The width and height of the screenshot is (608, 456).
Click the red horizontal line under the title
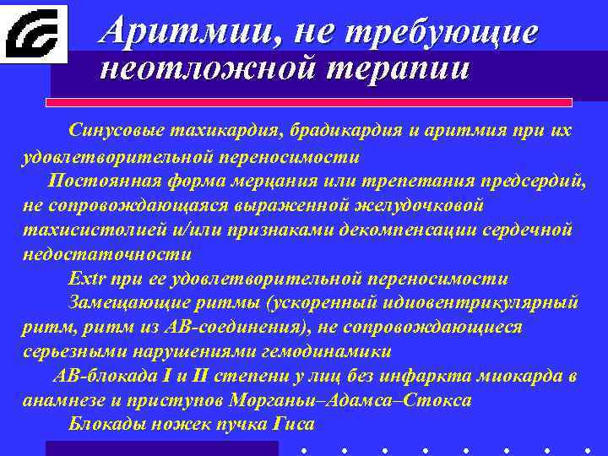pyautogui.click(x=308, y=102)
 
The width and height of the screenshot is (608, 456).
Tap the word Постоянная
pyautogui.click(x=99, y=181)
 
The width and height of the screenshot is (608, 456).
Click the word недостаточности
pyautogui.click(x=106, y=254)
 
